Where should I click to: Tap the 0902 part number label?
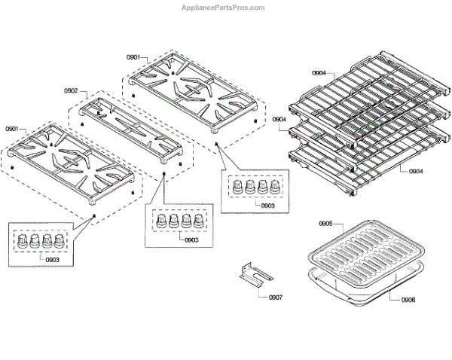click(71, 91)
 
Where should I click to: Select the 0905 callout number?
click(325, 224)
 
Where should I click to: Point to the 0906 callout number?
click(408, 300)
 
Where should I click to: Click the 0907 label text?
click(276, 297)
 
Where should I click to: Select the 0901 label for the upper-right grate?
click(133, 57)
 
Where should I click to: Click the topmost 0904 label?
click(319, 73)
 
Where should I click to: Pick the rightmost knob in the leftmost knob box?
click(57, 241)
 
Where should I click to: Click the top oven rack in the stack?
click(362, 87)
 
